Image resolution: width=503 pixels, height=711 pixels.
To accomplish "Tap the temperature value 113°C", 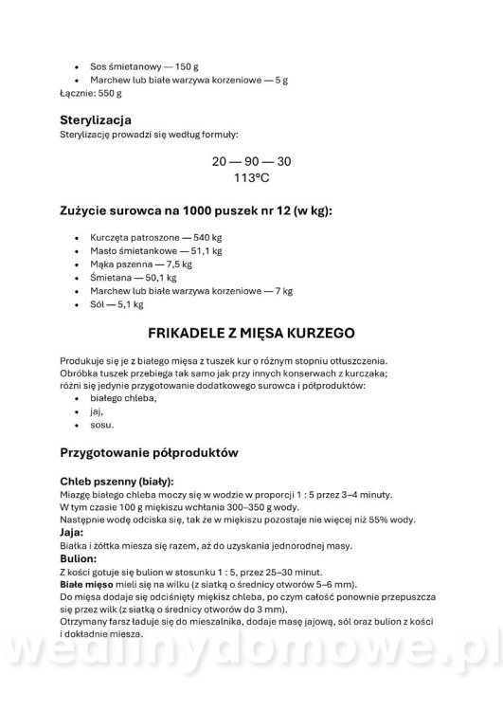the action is (251, 177).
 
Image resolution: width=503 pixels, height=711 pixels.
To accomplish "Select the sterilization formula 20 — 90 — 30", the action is (252, 160).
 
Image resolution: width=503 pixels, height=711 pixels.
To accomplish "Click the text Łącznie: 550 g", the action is (92, 95).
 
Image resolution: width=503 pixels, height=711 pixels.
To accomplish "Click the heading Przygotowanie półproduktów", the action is (148, 452).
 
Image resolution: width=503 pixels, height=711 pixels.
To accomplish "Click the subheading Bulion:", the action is (81, 559).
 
